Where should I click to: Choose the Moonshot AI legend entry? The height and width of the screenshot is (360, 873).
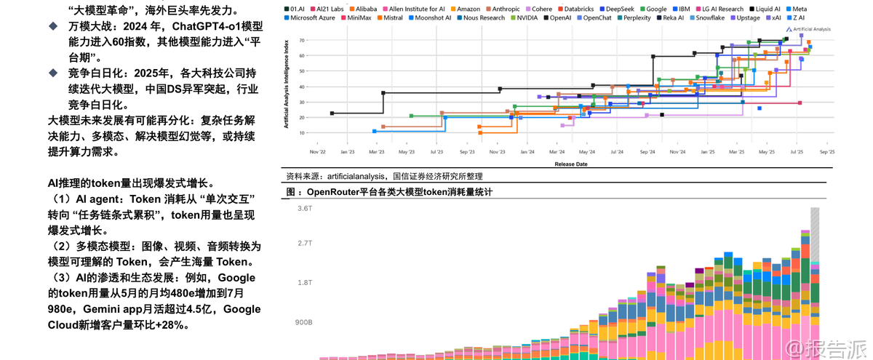click(431, 17)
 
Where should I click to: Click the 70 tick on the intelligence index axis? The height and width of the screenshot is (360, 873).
click(301, 41)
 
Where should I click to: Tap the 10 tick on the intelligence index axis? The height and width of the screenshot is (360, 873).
click(301, 133)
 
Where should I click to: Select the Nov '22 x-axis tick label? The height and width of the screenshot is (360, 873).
click(318, 153)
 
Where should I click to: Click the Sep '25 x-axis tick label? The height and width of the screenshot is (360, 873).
click(826, 153)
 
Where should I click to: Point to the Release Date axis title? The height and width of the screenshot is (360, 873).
click(571, 164)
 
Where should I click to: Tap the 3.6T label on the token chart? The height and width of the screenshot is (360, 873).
click(304, 209)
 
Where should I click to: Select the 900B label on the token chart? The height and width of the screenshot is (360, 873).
click(303, 322)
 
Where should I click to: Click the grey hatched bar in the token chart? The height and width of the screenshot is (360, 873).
click(815, 233)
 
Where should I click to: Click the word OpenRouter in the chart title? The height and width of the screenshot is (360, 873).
click(338, 192)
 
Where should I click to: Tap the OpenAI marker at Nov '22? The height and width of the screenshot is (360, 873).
click(332, 113)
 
